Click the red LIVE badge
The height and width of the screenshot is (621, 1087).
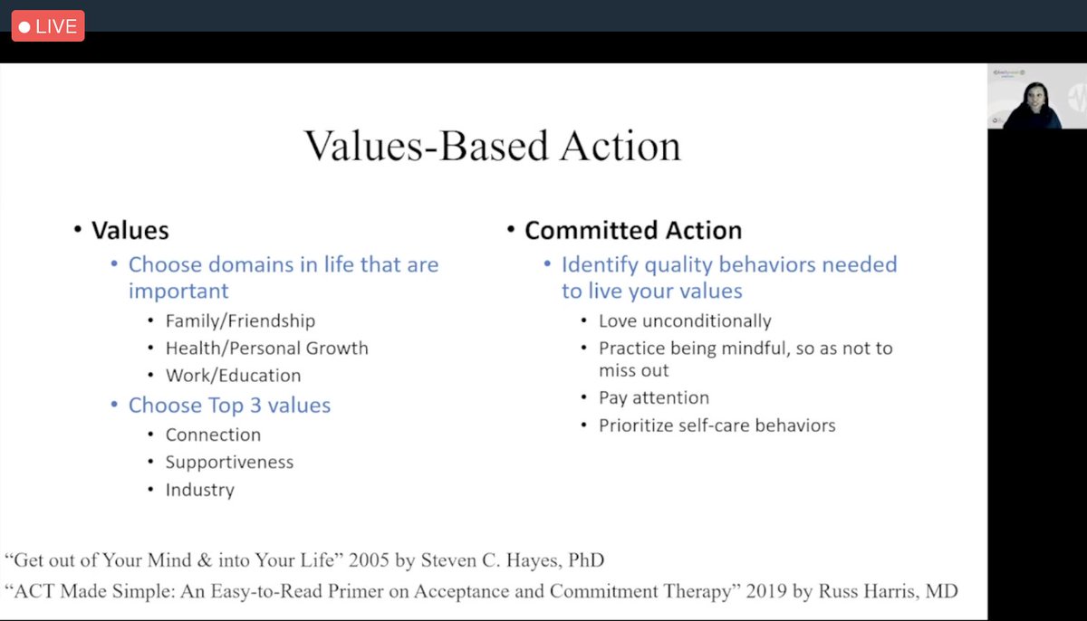pos(47,26)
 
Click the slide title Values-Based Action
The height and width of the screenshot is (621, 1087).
pos(492,146)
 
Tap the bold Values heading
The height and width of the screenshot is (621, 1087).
pos(130,231)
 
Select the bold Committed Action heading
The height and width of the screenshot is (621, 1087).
pos(632,231)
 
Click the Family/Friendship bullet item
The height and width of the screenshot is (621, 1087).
pos(240,321)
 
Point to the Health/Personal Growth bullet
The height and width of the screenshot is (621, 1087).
pos(266,349)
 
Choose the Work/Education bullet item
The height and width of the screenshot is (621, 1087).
pos(233,376)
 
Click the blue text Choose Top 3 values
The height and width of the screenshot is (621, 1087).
pos(229,406)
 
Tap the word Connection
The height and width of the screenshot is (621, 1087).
pos(213,435)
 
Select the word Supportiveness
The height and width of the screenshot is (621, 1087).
pos(229,463)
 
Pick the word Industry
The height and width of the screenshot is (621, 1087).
pos(199,491)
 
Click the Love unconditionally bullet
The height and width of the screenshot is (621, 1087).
pos(685,321)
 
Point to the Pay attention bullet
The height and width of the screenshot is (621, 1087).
pos(654,398)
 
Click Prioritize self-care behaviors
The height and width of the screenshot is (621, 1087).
pos(717,425)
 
